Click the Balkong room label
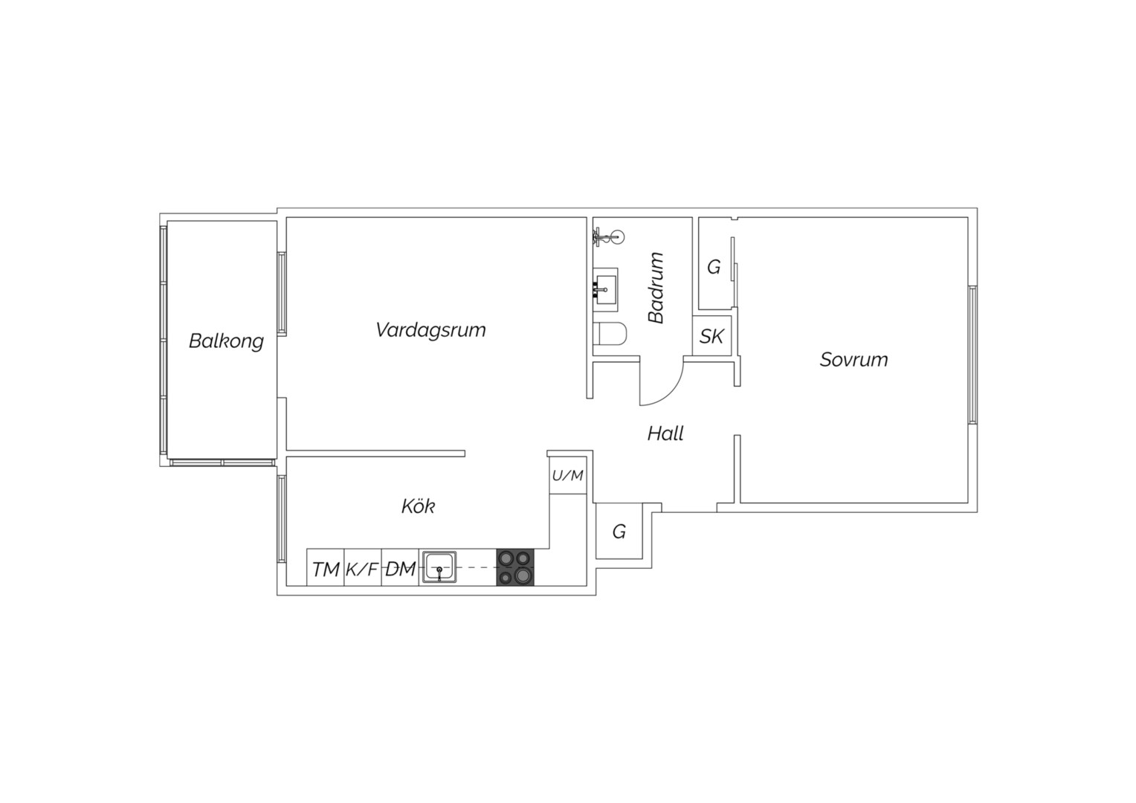(x=226, y=341)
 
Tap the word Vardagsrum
(x=430, y=330)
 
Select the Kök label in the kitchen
(x=419, y=506)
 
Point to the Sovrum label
(x=854, y=360)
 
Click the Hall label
(x=665, y=433)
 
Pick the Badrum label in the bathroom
(x=656, y=288)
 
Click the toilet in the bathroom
(x=610, y=334)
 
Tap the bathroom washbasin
(x=605, y=290)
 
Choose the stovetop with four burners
(x=515, y=567)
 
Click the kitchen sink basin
(x=439, y=567)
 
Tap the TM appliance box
(x=326, y=567)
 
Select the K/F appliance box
(x=363, y=567)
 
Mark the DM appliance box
(x=400, y=567)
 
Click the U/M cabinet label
(x=567, y=476)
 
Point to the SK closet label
(x=711, y=336)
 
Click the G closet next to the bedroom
(x=714, y=263)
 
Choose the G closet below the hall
(x=619, y=531)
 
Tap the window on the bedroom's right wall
(x=972, y=355)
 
